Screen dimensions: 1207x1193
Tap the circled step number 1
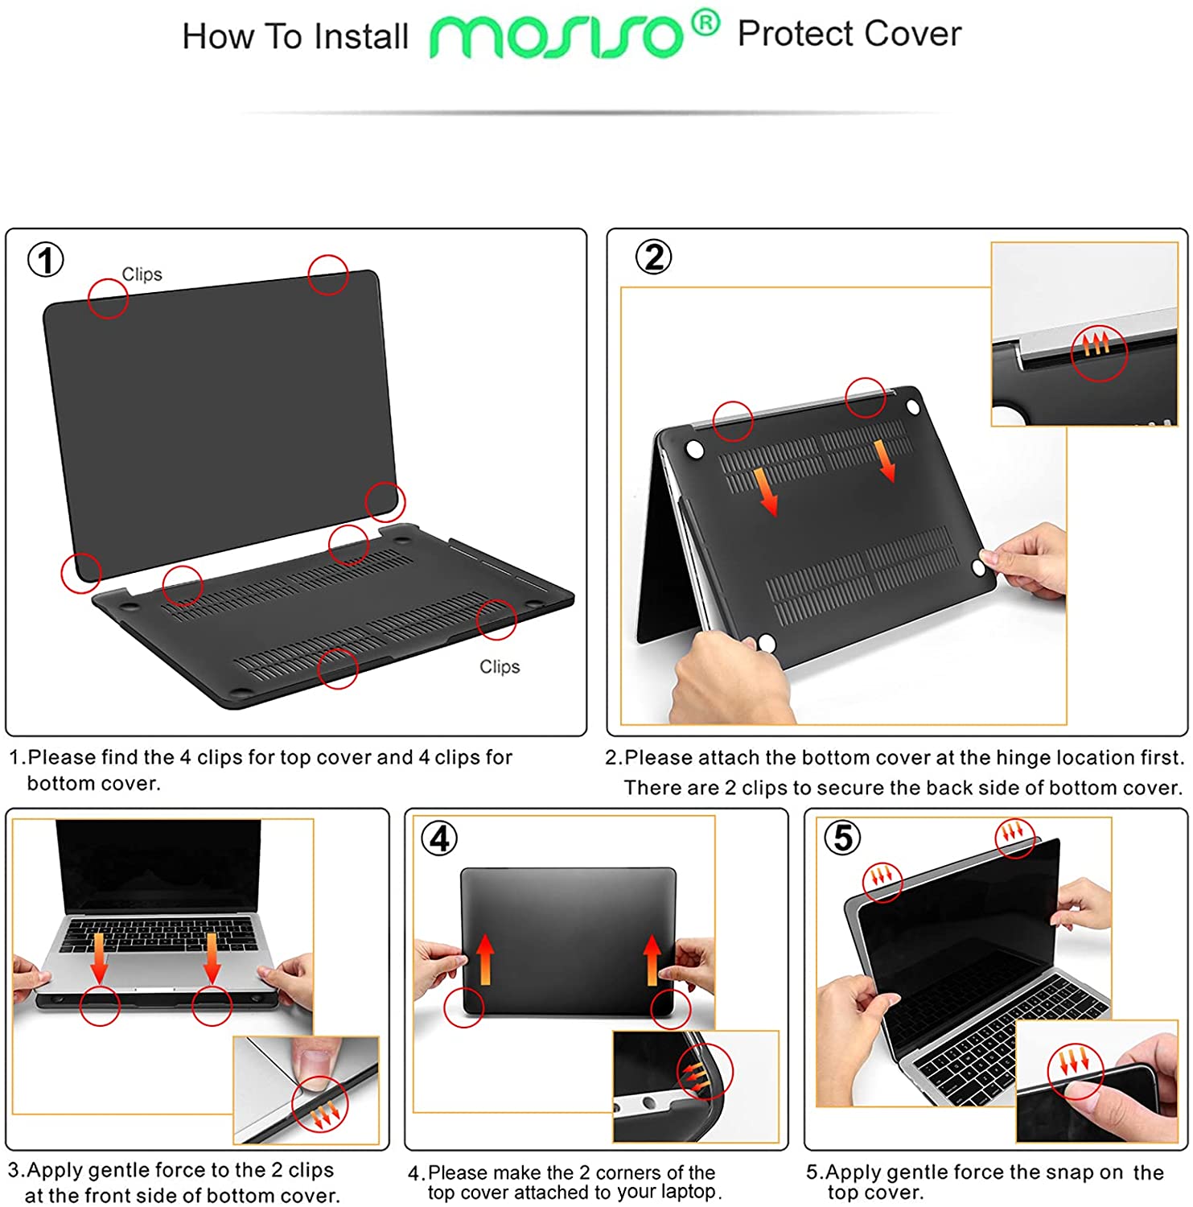pyautogui.click(x=46, y=260)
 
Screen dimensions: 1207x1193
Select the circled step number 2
pyautogui.click(x=653, y=257)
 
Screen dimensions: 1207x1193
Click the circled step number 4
pyautogui.click(x=439, y=838)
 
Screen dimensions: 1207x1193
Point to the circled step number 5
pyautogui.click(x=841, y=838)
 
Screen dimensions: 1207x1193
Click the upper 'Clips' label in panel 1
pyautogui.click(x=142, y=274)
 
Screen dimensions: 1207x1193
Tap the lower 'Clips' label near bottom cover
pyautogui.click(x=500, y=666)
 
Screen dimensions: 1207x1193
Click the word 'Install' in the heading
pyautogui.click(x=360, y=37)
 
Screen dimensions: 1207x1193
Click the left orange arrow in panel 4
pyautogui.click(x=484, y=959)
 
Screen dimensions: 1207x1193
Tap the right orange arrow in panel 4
pyautogui.click(x=652, y=959)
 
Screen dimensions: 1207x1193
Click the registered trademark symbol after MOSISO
pyautogui.click(x=706, y=23)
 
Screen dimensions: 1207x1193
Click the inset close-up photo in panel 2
pyautogui.click(x=1084, y=334)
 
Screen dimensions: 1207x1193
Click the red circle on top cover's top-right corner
pyautogui.click(x=327, y=275)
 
